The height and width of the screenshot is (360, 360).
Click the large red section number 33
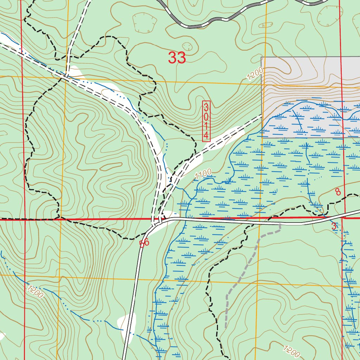tap(177, 58)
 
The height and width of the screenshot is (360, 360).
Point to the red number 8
tap(338, 192)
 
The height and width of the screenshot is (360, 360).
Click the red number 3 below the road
tap(334, 227)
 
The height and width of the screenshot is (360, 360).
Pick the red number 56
tap(144, 243)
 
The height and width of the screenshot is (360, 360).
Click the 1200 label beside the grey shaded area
tap(255, 74)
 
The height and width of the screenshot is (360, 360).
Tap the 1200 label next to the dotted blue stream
tap(35, 292)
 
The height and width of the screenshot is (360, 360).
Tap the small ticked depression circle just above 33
tap(187, 46)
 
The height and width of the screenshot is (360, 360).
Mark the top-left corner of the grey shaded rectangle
tap(261, 57)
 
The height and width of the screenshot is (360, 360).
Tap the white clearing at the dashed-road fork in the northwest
tap(75, 72)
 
